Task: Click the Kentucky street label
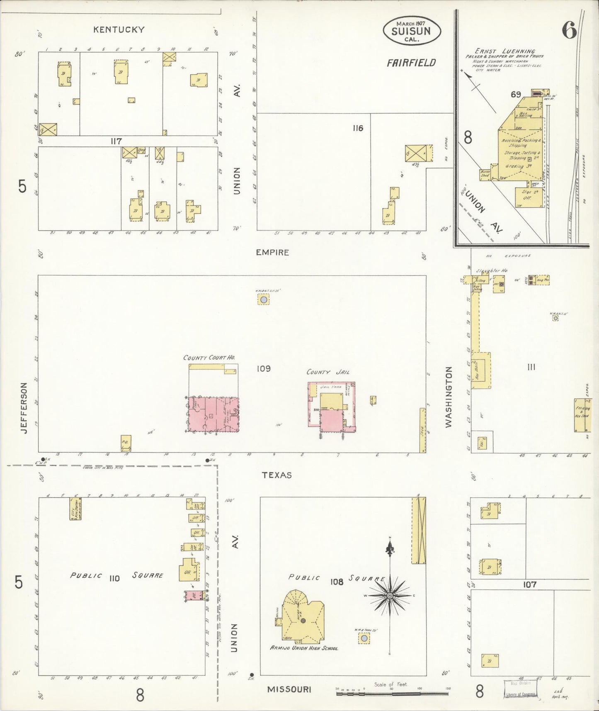click(x=119, y=29)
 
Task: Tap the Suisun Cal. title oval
click(x=411, y=31)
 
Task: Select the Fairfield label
click(x=411, y=63)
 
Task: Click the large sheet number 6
click(x=570, y=30)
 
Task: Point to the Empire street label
click(x=272, y=252)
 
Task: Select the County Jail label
click(x=328, y=372)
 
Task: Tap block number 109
click(x=263, y=368)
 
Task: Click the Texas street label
click(x=276, y=475)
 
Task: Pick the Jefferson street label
click(x=24, y=408)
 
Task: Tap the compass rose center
click(x=390, y=596)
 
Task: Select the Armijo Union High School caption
click(x=304, y=648)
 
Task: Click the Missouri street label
click(x=289, y=689)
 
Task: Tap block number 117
click(x=116, y=141)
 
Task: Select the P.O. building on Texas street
click(x=126, y=443)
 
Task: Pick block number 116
click(x=358, y=128)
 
